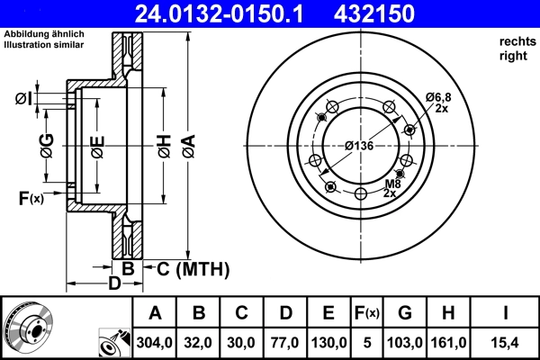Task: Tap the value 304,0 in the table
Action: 155,342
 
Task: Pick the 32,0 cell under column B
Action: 200,342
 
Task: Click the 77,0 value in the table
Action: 285,342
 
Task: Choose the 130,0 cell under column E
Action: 328,342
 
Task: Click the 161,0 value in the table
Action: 451,342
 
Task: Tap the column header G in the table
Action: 406,313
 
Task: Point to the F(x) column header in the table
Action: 367,313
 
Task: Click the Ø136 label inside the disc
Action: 359,145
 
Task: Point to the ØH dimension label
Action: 163,145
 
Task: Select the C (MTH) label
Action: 193,268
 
